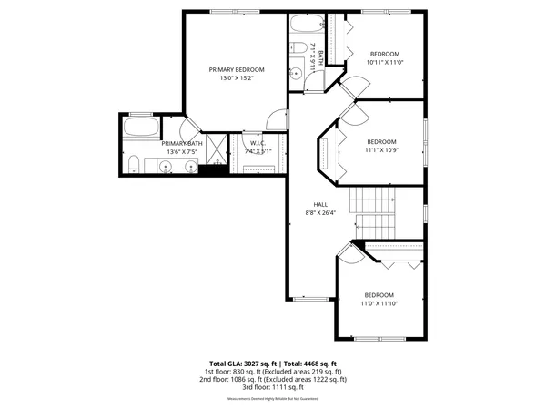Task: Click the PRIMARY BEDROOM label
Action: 237,70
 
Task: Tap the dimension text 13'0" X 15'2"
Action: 237,79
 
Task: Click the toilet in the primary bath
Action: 133,165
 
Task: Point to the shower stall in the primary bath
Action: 216,148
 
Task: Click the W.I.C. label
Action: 257,143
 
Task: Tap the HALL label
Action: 320,204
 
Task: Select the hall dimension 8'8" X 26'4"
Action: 320,213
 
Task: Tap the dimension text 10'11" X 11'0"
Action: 384,63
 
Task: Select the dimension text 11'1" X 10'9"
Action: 382,151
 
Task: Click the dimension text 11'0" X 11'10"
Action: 379,303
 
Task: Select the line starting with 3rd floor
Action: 273,386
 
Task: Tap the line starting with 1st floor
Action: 273,372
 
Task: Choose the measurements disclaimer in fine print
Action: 273,396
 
